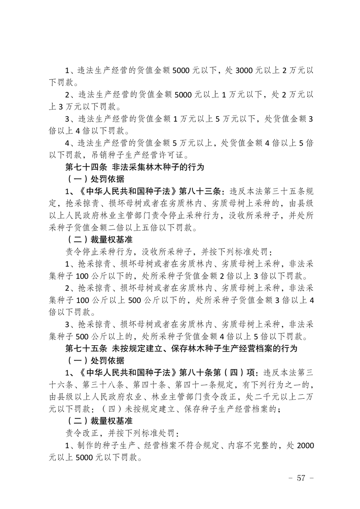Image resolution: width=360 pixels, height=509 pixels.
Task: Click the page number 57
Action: click(x=299, y=478)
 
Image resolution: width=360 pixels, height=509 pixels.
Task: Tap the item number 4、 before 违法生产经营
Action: click(x=70, y=143)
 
